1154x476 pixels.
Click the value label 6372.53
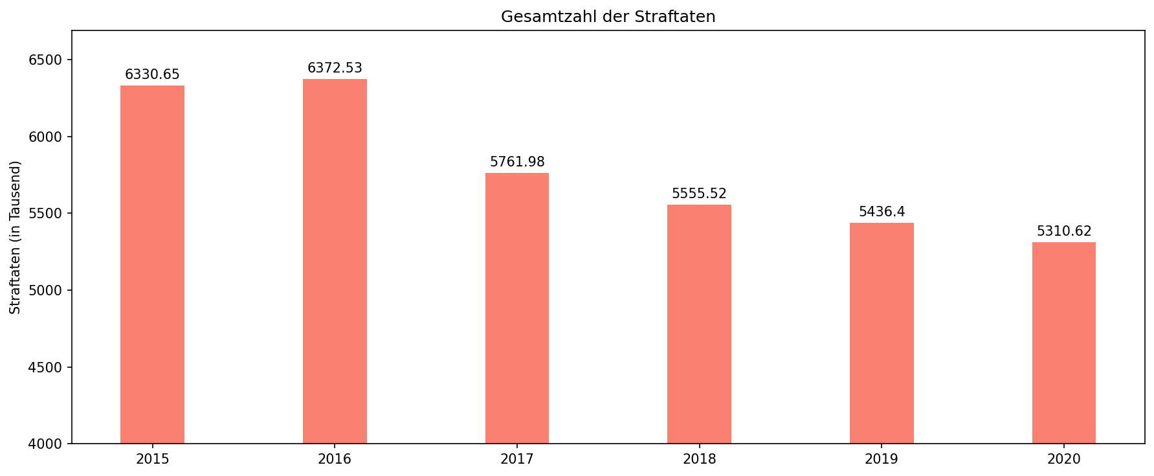click(335, 68)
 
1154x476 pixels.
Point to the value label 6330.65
click(152, 74)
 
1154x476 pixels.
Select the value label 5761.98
click(517, 162)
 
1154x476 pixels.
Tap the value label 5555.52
click(699, 194)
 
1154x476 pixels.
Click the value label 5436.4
click(882, 212)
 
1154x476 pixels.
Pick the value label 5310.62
click(1064, 231)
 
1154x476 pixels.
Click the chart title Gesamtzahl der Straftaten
click(608, 17)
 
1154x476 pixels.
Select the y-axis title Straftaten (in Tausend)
click(16, 237)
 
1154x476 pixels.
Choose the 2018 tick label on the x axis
click(699, 460)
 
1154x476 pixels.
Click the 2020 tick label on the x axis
click(1064, 460)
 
